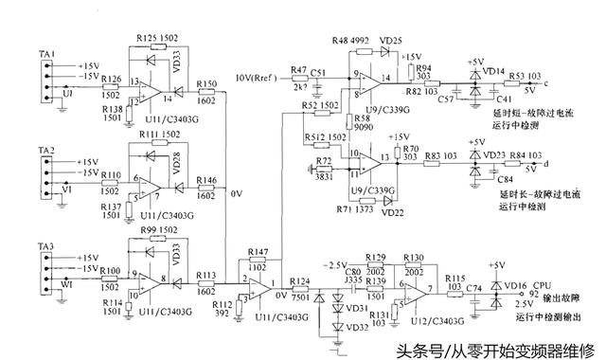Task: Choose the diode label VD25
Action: (x=388, y=40)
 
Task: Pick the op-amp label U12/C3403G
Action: (x=414, y=322)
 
